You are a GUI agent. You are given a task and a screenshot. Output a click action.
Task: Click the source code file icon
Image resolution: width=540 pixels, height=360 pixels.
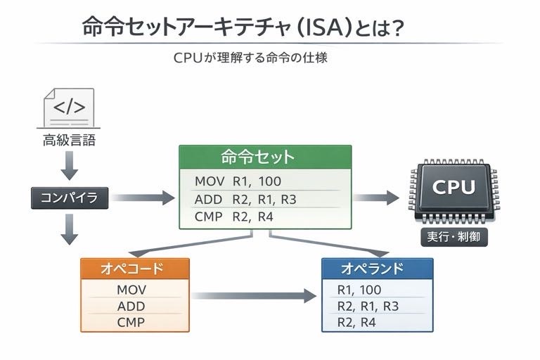(69, 108)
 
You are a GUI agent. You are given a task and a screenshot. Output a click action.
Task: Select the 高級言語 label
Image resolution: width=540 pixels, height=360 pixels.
(69, 141)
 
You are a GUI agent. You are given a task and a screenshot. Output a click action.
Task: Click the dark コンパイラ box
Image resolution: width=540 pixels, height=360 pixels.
(70, 198)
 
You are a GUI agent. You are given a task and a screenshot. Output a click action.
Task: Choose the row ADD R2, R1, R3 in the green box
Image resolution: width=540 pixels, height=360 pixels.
(246, 199)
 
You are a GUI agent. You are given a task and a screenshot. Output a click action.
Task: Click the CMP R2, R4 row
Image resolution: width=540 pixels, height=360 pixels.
(233, 217)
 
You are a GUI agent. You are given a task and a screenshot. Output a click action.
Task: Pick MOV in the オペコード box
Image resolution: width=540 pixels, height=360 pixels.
(131, 289)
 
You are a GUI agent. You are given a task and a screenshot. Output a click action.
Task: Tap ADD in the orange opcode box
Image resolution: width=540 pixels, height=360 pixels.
(131, 306)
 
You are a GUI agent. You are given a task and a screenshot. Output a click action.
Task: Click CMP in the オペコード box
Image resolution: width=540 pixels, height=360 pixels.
(131, 323)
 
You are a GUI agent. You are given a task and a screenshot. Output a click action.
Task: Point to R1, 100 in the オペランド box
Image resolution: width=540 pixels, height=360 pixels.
(359, 289)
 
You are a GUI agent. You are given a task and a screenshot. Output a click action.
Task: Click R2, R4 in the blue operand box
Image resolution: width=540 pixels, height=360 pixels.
(357, 323)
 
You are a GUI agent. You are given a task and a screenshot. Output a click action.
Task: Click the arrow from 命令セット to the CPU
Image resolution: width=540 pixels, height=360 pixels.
(375, 198)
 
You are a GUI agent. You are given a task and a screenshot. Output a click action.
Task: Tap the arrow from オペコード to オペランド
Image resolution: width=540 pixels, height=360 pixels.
(253, 296)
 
